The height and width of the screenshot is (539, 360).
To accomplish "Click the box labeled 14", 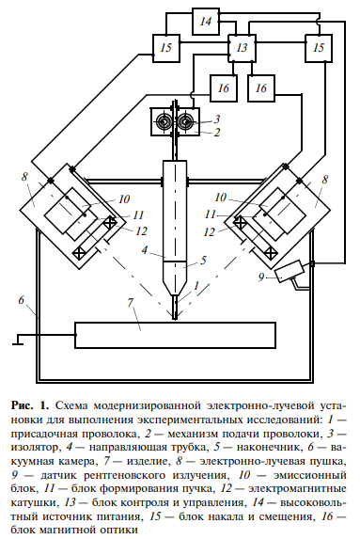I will [x=206, y=20].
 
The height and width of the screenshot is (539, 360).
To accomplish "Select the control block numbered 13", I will [x=243, y=47].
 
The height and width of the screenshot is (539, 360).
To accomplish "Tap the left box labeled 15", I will [x=166, y=47].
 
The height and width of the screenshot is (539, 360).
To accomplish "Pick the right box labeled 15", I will [x=321, y=47].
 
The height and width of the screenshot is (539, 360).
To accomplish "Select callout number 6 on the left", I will [x=20, y=300].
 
